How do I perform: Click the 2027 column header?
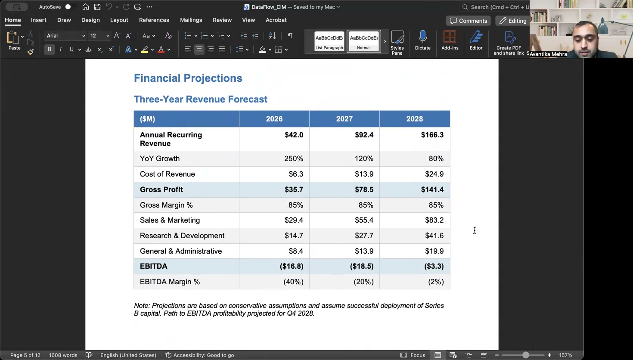(344, 119)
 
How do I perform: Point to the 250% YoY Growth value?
(293, 159)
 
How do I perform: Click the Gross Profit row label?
(161, 190)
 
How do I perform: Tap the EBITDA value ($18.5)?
(361, 267)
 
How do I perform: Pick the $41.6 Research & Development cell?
(434, 236)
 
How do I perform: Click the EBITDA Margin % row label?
(170, 282)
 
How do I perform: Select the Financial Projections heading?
(188, 78)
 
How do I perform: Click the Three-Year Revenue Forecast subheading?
(200, 99)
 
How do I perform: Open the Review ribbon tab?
(222, 20)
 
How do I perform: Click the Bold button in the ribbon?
(50, 50)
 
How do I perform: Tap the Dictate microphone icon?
(422, 37)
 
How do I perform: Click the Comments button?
(468, 21)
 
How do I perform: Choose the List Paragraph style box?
(329, 41)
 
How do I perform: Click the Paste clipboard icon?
(13, 38)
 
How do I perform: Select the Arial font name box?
(65, 36)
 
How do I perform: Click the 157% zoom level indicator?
(565, 355)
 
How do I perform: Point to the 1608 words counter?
(63, 355)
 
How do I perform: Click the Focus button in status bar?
(413, 355)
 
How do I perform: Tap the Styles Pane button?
(397, 42)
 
